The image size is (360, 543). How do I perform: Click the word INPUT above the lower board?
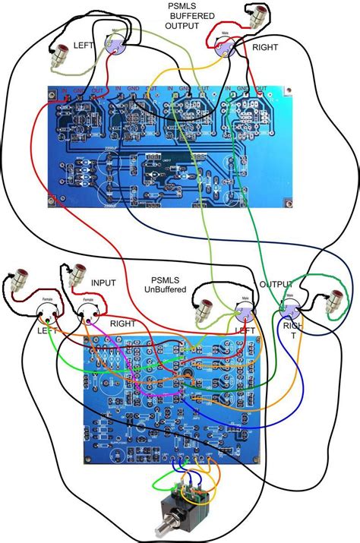point(103,283)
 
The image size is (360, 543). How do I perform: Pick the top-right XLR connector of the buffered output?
point(226,50)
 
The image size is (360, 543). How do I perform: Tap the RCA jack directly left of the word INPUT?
point(78,275)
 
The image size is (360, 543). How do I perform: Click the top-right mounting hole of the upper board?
point(290,93)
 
